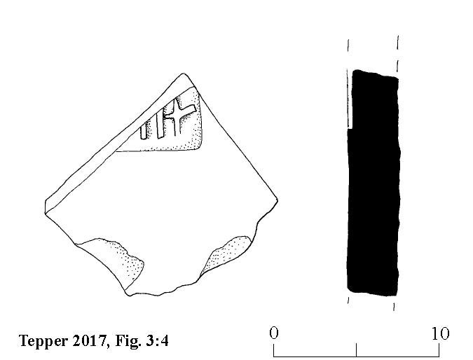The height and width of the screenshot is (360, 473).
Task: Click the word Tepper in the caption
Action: (x=43, y=341)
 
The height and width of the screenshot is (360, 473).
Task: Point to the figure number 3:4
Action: (x=157, y=340)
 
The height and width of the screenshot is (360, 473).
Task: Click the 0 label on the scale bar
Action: (x=274, y=333)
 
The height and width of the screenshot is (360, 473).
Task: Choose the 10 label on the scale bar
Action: (x=441, y=333)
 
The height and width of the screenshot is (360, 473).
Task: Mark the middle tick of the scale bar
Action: (x=356, y=349)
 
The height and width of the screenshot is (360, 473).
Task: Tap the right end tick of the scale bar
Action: (x=439, y=349)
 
